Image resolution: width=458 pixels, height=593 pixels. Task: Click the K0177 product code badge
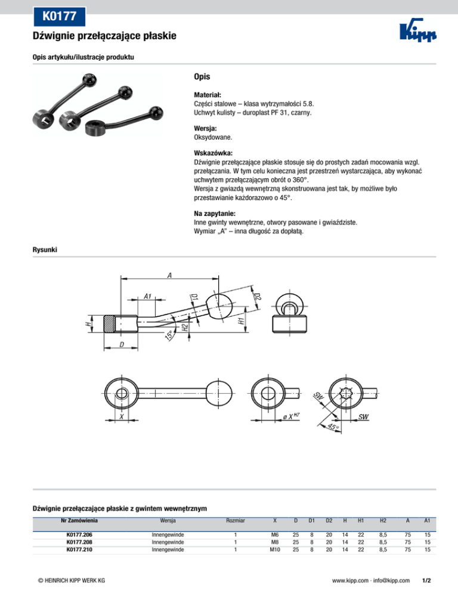(x=58, y=15)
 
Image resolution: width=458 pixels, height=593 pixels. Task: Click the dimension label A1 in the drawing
(x=148, y=296)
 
